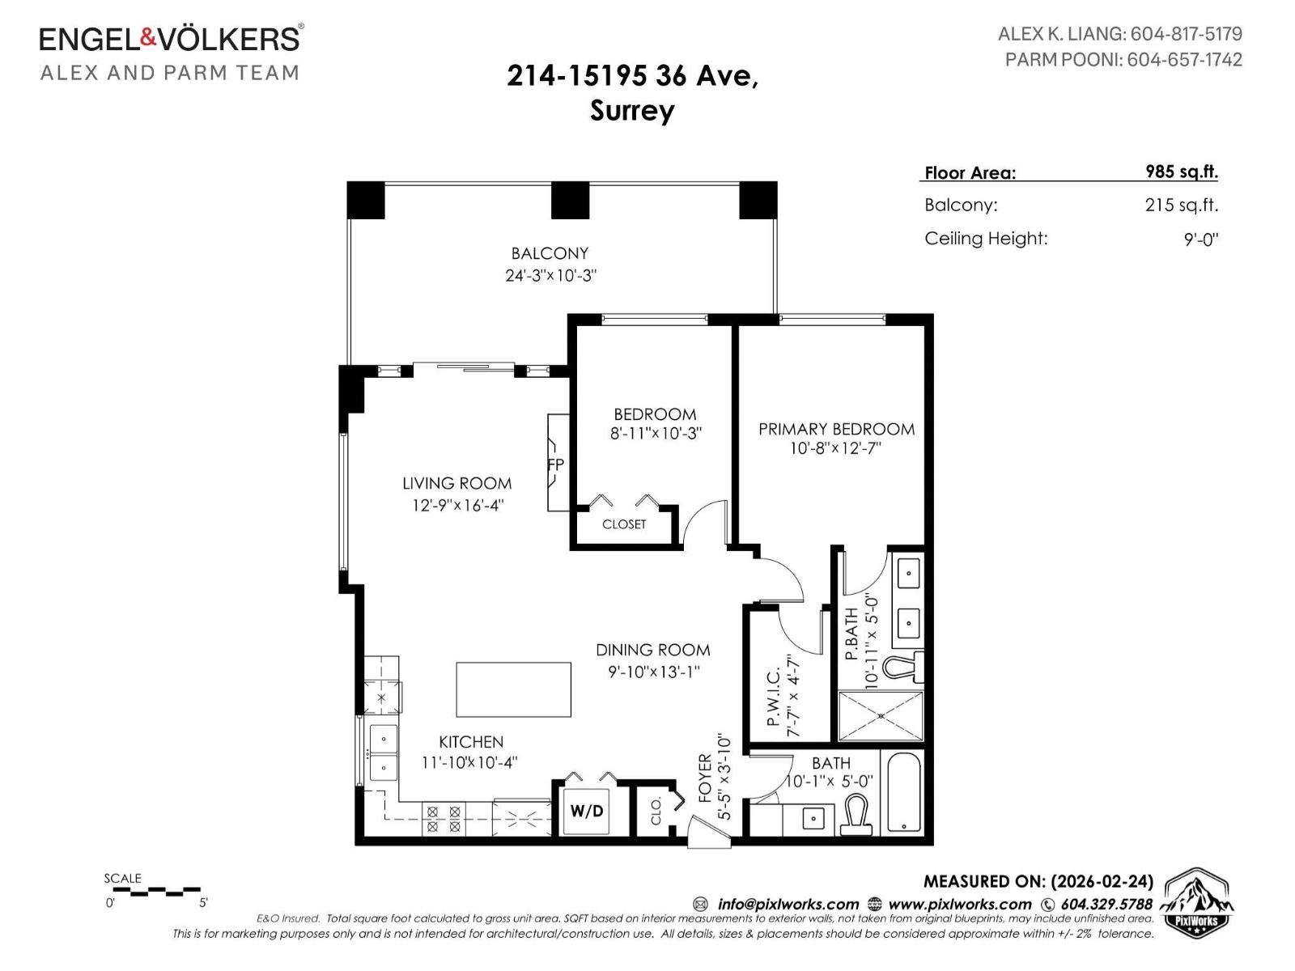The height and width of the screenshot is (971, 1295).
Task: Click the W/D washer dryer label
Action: click(587, 811)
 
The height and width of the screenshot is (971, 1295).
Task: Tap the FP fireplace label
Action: click(555, 464)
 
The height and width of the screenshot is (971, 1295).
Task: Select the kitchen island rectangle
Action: click(513, 689)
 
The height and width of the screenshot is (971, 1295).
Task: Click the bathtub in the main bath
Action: click(903, 793)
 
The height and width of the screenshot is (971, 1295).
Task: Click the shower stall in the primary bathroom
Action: click(880, 716)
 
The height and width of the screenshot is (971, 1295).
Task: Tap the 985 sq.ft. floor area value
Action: click(1181, 172)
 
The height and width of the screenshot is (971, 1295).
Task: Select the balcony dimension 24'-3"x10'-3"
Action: click(550, 275)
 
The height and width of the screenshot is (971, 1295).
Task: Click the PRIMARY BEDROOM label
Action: click(836, 429)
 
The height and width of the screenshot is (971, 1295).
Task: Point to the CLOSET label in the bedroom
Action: click(624, 524)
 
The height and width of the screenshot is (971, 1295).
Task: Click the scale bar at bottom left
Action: click(154, 891)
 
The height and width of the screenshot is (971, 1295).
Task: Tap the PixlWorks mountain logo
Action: click(1197, 902)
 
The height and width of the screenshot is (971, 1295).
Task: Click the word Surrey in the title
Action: click(631, 110)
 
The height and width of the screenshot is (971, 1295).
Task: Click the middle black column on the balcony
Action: click(570, 201)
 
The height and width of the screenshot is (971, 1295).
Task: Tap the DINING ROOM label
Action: click(652, 650)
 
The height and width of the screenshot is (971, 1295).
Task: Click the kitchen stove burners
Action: click(443, 819)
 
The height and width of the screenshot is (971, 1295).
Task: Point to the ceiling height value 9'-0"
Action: click(1200, 240)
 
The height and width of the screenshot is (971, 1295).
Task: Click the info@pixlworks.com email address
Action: click(788, 904)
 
